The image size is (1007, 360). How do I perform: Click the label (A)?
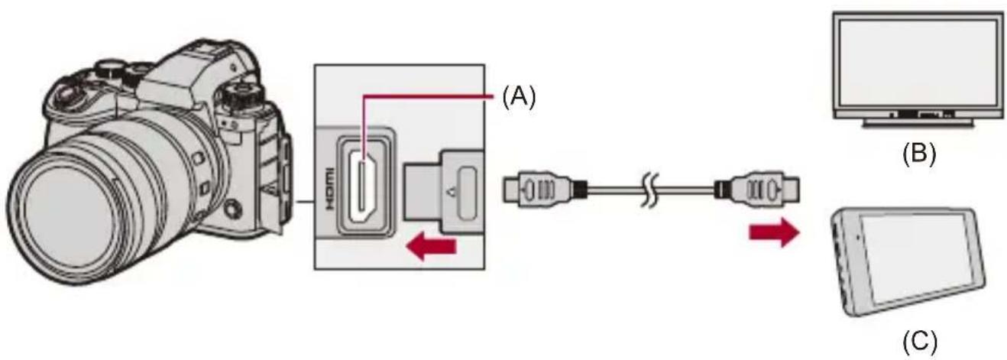[x=520, y=98]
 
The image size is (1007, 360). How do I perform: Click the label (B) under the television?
[x=919, y=154]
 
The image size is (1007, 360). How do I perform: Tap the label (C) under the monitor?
[x=920, y=342]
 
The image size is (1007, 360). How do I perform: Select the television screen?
[x=918, y=66]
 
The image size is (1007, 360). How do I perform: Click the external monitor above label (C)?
[x=908, y=262]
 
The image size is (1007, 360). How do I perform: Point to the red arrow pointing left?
[x=431, y=248]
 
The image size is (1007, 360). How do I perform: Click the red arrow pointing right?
[x=774, y=232]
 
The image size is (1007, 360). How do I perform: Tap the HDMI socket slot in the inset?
[x=362, y=189]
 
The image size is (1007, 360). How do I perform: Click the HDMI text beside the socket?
[x=329, y=190]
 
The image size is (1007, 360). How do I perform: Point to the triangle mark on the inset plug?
[x=452, y=192]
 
